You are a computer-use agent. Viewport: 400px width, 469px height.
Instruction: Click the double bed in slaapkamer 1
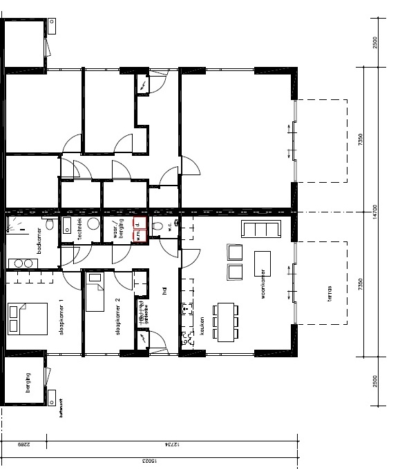[26, 319]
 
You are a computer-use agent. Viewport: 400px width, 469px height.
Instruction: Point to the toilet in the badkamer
[49, 226]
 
